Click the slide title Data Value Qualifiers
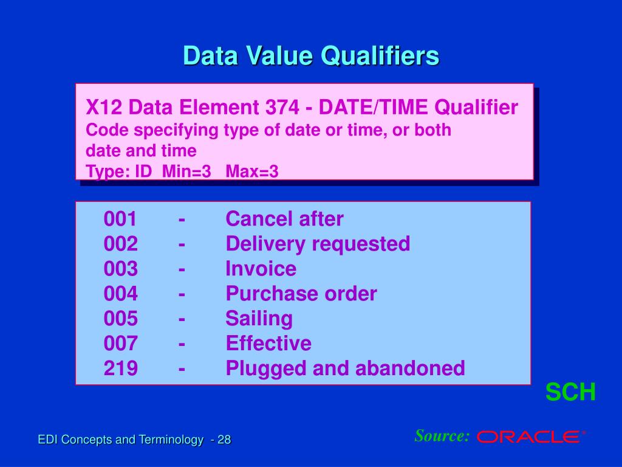(x=311, y=56)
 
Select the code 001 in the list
(x=120, y=219)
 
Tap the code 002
(x=120, y=244)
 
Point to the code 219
(x=120, y=368)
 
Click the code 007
(x=120, y=344)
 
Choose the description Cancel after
(x=284, y=219)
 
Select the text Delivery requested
(x=318, y=244)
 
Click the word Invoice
(x=261, y=269)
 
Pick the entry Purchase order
(x=301, y=294)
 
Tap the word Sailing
(x=259, y=319)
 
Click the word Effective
(x=268, y=344)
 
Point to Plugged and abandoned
(x=345, y=368)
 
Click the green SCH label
(x=570, y=392)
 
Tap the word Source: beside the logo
(x=442, y=435)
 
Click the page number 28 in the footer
(x=224, y=440)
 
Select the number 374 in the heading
(x=282, y=108)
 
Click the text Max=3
(x=252, y=171)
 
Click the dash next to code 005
(x=182, y=319)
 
